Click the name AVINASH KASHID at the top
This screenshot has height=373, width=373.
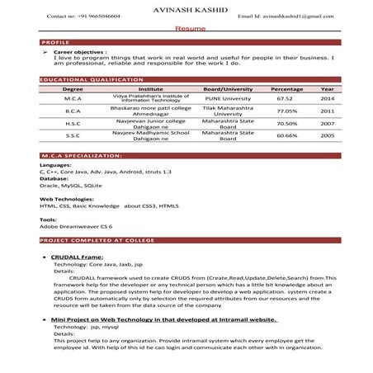coord(186,7)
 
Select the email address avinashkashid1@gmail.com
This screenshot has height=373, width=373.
coord(282,17)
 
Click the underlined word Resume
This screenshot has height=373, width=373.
coord(186,28)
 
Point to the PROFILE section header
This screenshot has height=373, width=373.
coord(55,41)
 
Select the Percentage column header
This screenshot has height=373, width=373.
coord(286,88)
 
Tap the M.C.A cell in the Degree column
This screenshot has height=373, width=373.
coord(73,97)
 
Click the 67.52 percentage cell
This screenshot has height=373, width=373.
coord(286,97)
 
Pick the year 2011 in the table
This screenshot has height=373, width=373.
coord(328,111)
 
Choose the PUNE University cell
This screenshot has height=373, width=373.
coord(228,97)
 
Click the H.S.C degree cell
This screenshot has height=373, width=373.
coord(73,123)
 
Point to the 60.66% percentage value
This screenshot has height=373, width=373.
coord(286,135)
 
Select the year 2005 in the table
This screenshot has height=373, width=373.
coord(328,135)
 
